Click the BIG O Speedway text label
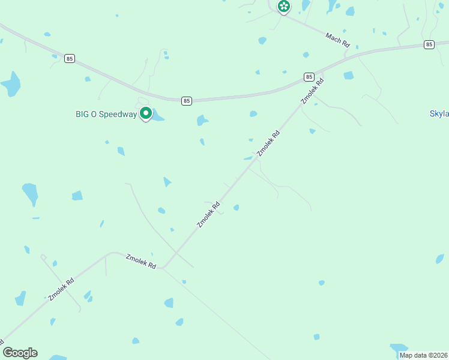click(x=106, y=114)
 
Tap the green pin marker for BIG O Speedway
click(x=145, y=113)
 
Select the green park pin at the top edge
click(x=284, y=7)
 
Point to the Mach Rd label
click(x=337, y=40)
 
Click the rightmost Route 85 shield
click(x=429, y=44)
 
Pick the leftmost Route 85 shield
click(x=71, y=58)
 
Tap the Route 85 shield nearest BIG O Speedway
click(x=187, y=101)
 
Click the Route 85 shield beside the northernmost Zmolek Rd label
click(x=309, y=77)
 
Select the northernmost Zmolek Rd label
click(x=316, y=91)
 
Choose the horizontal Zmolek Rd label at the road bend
click(x=141, y=261)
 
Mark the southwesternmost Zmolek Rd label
click(x=61, y=289)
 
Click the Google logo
click(x=20, y=353)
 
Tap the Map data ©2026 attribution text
click(x=423, y=355)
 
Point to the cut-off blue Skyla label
click(x=439, y=113)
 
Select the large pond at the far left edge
click(x=11, y=83)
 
